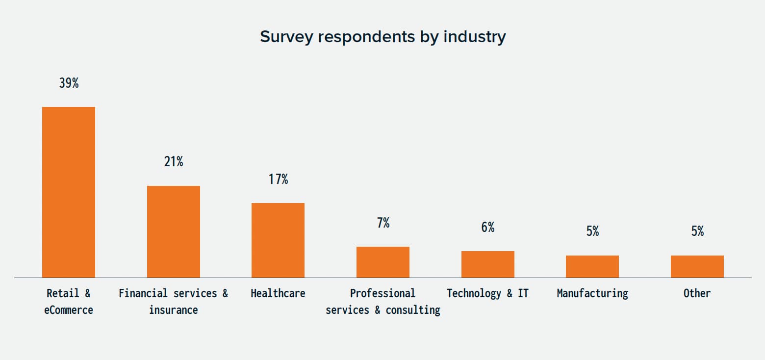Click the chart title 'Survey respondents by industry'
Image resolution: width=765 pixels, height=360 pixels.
pos(382,37)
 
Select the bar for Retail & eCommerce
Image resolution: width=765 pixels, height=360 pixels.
pos(69,192)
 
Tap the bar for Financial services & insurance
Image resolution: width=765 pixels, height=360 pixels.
pos(174,231)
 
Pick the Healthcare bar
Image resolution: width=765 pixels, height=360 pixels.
pos(278,240)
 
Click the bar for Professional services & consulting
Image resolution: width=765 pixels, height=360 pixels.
pos(382,262)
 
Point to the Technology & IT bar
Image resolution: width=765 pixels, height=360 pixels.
pos(487,264)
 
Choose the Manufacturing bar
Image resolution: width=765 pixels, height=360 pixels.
pos(592,266)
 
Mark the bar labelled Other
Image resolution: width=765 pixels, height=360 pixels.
pos(697,266)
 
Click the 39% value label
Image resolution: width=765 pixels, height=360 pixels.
pos(69,83)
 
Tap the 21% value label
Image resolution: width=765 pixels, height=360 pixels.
pos(174,162)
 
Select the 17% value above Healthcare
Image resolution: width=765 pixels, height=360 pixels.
pos(278,180)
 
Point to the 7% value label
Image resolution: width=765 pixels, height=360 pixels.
pos(383,223)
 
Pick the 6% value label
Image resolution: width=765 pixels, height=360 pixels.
pos(487,228)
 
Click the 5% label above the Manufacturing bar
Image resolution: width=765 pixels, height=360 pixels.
pos(592,231)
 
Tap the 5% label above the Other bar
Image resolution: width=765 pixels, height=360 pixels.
pos(697,231)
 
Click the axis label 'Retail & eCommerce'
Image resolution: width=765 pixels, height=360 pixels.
pos(69,302)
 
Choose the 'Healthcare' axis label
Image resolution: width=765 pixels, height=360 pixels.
pos(278,293)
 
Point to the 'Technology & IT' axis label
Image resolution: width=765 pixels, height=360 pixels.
pos(487,293)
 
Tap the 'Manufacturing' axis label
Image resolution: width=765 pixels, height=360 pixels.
pos(592,293)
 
